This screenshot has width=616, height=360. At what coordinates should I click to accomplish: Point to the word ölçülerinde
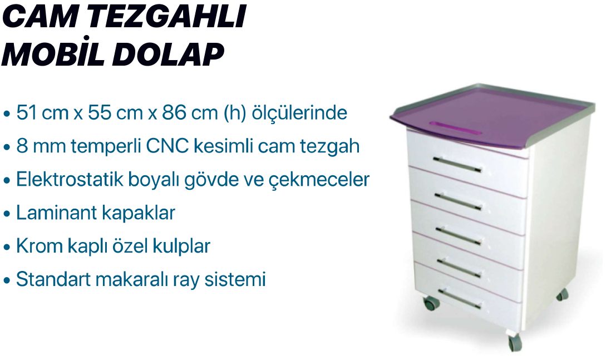(299, 113)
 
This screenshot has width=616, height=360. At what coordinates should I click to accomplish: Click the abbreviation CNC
(167, 146)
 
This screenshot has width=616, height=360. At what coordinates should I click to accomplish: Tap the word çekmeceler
(319, 180)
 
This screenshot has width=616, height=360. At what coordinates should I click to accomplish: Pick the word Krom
(39, 246)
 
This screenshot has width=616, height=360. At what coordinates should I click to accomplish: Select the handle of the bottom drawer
(460, 299)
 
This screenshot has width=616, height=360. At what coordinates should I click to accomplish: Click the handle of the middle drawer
(459, 235)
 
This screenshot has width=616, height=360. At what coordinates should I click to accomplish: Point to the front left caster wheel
(431, 303)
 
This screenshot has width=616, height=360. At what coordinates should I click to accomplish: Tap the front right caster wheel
(515, 343)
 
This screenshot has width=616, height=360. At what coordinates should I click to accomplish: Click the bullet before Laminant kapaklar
(6, 214)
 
